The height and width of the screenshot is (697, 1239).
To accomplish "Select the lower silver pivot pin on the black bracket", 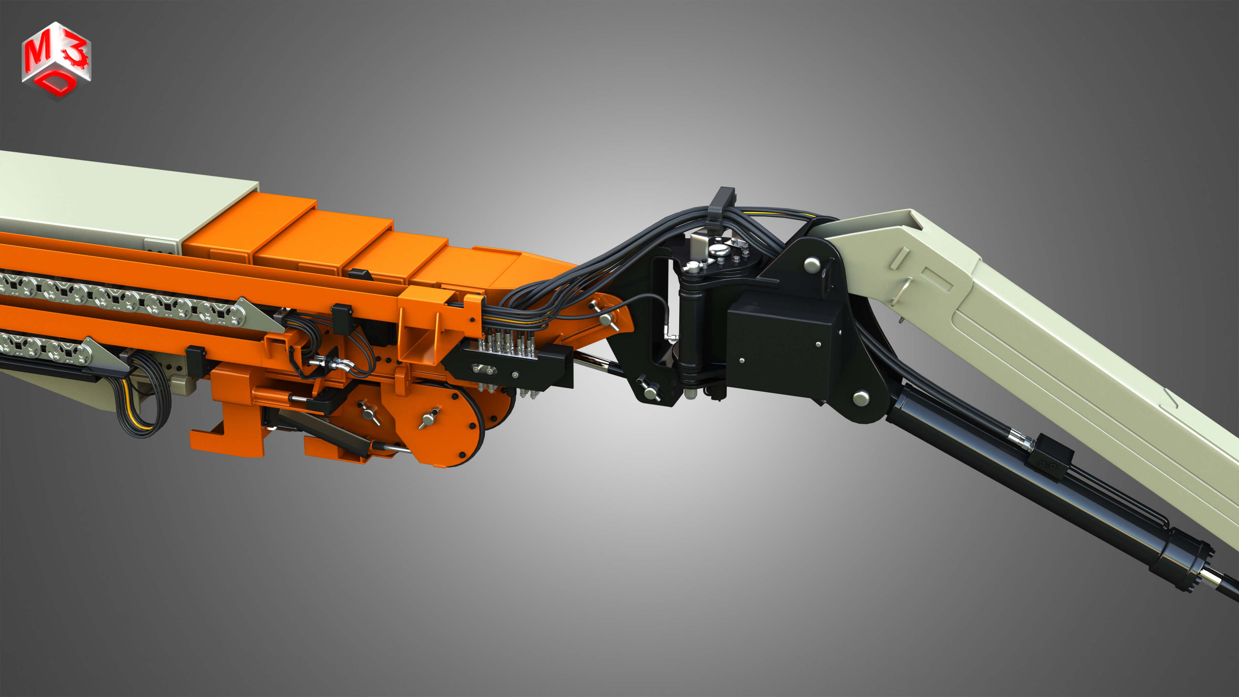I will pos(861,398).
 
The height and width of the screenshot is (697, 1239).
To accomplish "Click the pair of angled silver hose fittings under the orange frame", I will pos(332,364).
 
